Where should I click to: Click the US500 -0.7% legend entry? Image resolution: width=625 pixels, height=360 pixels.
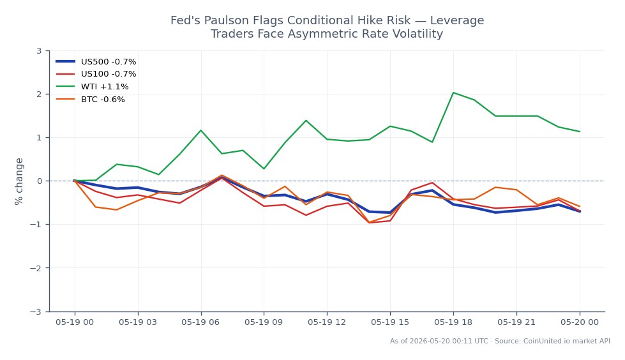(96, 62)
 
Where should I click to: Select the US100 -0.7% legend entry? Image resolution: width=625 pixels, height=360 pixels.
(96, 74)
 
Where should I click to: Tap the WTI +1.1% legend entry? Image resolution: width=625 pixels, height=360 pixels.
(92, 87)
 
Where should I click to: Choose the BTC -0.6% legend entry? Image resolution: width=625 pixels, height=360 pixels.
(91, 100)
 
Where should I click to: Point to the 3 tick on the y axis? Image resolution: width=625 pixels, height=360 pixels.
(39, 50)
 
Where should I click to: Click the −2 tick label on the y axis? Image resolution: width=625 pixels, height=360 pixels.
(36, 268)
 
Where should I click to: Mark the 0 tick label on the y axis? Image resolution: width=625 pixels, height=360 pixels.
(39, 181)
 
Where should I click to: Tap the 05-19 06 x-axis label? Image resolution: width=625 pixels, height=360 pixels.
(200, 322)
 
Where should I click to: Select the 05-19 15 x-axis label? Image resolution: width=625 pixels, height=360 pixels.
(390, 322)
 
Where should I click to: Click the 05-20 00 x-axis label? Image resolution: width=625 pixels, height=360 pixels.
(580, 322)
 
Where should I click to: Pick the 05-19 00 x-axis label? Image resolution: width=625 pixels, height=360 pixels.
(75, 322)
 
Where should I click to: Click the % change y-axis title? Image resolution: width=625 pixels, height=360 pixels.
(19, 181)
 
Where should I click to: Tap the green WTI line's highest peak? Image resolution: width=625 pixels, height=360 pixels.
(453, 93)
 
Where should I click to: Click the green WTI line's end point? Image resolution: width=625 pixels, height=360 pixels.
(580, 131)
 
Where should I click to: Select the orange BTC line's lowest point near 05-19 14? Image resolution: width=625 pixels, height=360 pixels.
(369, 223)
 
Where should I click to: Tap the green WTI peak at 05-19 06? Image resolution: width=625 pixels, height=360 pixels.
(200, 130)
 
